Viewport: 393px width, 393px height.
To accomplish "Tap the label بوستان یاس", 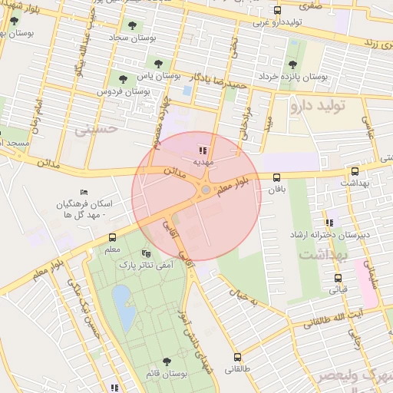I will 158,76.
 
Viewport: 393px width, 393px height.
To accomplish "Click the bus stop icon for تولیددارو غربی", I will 278,11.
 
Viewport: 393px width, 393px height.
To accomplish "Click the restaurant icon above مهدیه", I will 203,150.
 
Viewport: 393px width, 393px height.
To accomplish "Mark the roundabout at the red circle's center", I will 205,190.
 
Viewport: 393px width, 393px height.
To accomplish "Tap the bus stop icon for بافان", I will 276,177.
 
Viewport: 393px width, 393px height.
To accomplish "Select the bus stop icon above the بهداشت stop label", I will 354,172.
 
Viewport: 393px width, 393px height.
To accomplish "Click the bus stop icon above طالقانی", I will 237,357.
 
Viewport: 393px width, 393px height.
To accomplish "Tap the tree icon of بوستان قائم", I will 167,362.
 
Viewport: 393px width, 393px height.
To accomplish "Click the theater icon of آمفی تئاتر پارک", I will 147,253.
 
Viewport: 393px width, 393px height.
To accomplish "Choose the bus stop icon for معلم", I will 112,237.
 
